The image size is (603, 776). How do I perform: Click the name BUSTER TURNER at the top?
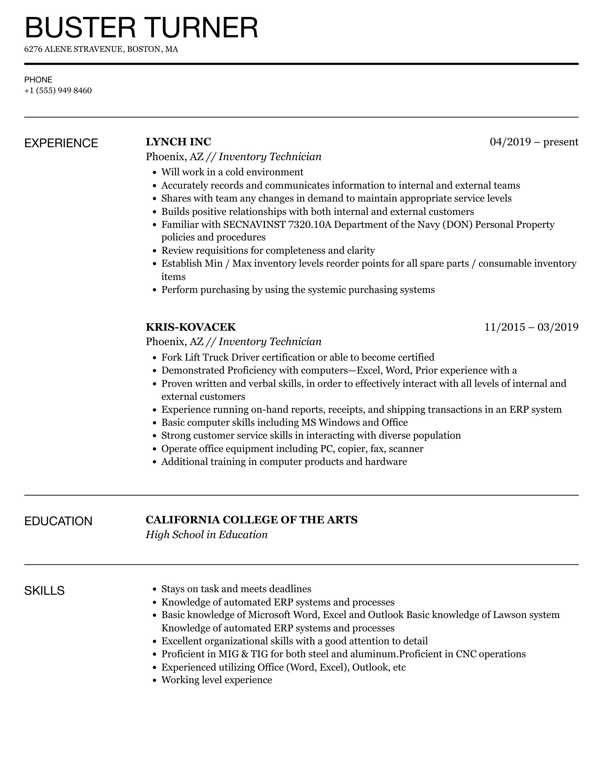click(141, 27)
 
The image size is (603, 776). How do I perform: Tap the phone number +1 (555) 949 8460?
click(58, 91)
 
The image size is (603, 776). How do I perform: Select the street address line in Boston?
click(101, 49)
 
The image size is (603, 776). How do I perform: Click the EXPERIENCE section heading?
click(61, 143)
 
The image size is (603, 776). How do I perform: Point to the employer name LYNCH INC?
click(178, 142)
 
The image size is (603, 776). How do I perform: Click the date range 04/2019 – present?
click(534, 142)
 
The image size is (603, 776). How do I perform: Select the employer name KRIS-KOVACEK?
click(191, 327)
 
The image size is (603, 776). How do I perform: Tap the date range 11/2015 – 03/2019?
click(531, 327)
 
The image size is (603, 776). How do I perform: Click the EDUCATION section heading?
click(58, 521)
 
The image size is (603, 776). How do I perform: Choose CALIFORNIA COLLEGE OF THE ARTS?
click(252, 520)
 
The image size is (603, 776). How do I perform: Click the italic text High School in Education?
click(207, 534)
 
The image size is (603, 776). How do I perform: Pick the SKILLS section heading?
click(44, 591)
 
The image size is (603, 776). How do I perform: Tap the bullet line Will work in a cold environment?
click(232, 172)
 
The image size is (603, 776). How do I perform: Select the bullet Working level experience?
click(217, 680)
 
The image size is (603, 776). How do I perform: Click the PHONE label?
click(38, 80)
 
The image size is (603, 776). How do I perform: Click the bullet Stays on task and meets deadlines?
click(236, 589)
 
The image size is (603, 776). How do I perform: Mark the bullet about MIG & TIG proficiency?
click(343, 654)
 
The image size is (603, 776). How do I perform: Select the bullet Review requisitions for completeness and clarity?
click(268, 250)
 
